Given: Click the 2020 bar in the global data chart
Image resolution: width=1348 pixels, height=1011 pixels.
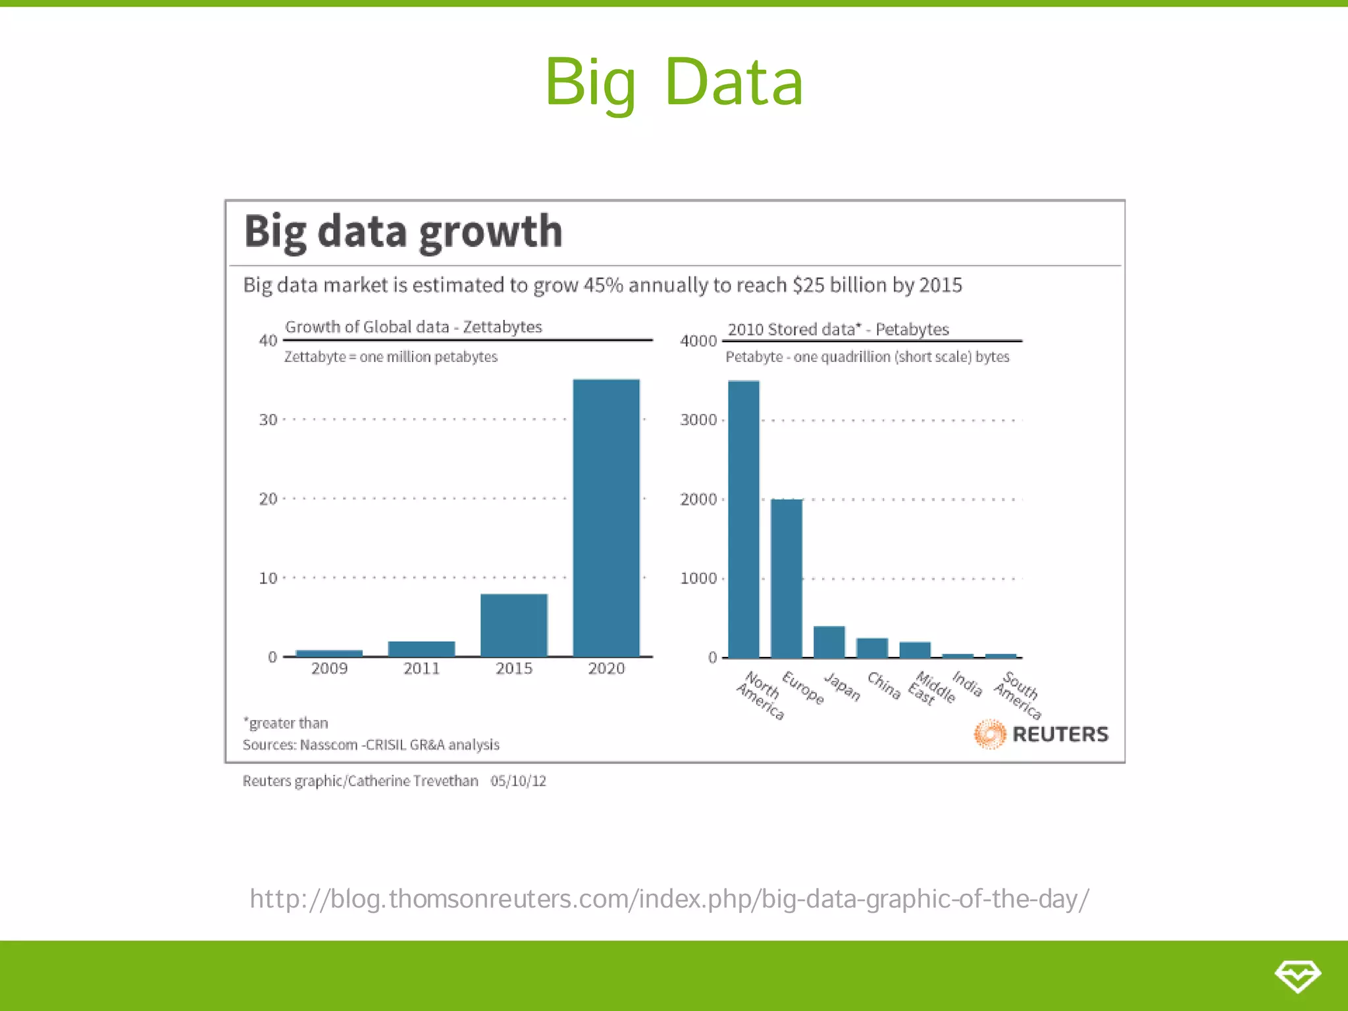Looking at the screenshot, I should (x=606, y=517).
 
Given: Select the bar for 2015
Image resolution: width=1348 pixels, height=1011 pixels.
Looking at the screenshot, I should (x=513, y=625).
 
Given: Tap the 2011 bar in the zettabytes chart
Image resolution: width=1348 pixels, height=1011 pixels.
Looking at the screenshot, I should (x=421, y=648).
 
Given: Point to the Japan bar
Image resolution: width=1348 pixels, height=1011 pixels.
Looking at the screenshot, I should (x=829, y=642).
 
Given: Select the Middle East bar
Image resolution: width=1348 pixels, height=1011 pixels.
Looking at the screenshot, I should (x=915, y=650).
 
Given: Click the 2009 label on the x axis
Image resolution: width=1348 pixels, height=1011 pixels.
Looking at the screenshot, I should (x=329, y=669).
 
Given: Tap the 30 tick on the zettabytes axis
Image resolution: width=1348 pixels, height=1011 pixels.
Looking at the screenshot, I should (x=268, y=420).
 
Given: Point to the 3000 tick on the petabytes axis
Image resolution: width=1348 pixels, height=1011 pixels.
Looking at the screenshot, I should (x=698, y=420).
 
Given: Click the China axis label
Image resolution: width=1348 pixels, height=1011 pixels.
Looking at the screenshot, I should (x=884, y=685).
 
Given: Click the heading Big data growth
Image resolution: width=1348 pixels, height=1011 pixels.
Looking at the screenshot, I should (x=403, y=232).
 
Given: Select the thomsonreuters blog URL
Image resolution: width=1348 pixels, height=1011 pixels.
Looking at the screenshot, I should (x=669, y=898).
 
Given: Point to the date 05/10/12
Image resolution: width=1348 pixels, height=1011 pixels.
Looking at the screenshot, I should (x=518, y=781).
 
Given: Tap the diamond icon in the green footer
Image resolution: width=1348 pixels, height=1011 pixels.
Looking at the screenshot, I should (x=1297, y=975).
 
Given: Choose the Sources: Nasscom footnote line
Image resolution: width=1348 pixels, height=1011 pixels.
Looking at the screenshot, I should (x=371, y=745).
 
